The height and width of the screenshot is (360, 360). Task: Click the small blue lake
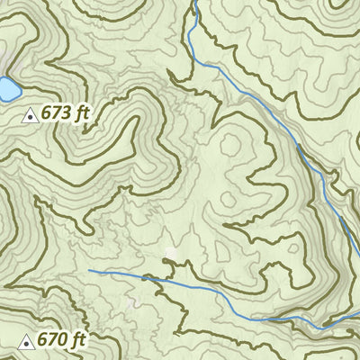[x=8, y=89]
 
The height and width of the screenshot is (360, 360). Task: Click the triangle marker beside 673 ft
[x=29, y=114]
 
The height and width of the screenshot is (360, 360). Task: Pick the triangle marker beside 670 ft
[x=26, y=342]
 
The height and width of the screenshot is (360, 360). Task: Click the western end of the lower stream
[x=88, y=270]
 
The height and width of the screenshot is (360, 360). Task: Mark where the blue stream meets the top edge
[x=193, y=1]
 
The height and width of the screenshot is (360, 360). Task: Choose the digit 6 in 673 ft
[x=46, y=113]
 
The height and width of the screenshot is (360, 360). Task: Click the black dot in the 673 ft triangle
[x=29, y=115]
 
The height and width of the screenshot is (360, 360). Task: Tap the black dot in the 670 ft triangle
[x=26, y=343]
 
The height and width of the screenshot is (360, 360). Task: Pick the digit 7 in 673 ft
[x=58, y=113]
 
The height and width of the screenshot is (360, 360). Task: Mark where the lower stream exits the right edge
[x=358, y=312]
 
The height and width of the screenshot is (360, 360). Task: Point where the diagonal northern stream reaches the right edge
[x=358, y=214]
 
